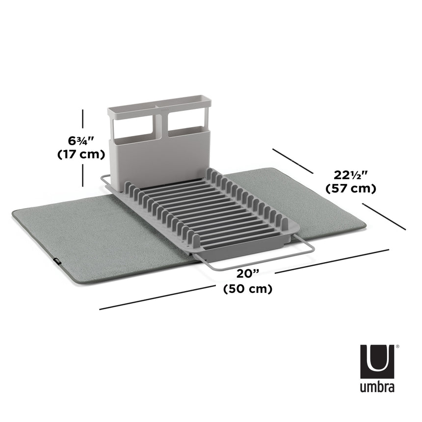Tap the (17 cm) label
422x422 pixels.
[x=81, y=154]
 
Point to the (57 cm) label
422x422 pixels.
[x=351, y=188]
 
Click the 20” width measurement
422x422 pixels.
[x=247, y=274]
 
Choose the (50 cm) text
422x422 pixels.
[x=247, y=289]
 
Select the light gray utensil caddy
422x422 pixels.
[x=159, y=147]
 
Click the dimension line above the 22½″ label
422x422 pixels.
[x=292, y=160]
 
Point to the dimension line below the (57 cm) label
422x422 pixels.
[x=385, y=217]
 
